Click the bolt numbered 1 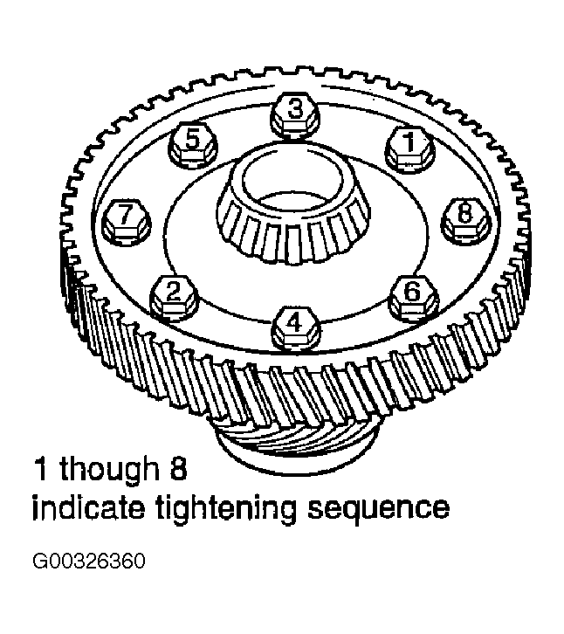(x=409, y=148)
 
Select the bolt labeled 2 (x=174, y=298)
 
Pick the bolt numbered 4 (x=296, y=328)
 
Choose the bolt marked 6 (x=412, y=298)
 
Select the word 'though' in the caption (x=109, y=470)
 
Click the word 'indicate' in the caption (x=88, y=507)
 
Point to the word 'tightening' (x=226, y=509)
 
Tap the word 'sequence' (x=378, y=510)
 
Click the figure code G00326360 (x=88, y=562)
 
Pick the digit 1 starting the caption (x=42, y=468)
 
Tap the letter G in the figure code (x=39, y=562)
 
